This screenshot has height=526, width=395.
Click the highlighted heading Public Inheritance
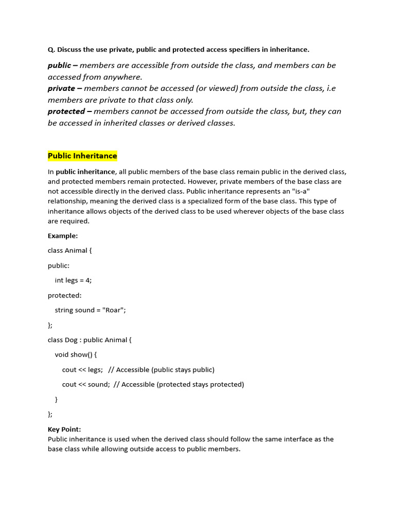(x=82, y=156)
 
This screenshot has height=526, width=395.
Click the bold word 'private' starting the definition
(x=61, y=88)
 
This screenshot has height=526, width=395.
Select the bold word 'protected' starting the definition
(x=66, y=111)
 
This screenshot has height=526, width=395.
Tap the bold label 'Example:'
(x=63, y=236)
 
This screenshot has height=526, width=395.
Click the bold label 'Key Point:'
(x=64, y=429)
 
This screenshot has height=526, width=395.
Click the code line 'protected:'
(x=65, y=295)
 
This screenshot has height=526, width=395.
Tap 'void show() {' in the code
(x=76, y=355)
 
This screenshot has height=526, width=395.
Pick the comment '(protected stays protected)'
(x=200, y=385)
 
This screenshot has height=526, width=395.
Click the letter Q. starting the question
(x=51, y=50)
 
